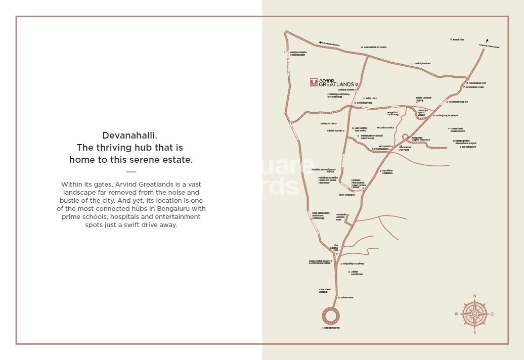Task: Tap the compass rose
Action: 474,314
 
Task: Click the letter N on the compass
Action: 474,296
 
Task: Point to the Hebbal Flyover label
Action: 332,328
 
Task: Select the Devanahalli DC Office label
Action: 375,47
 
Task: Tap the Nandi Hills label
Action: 458,39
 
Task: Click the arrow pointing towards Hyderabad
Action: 487,41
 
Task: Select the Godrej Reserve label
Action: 422,64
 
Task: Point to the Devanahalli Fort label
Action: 477,83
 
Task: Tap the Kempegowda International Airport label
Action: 465,142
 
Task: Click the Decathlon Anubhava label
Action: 387,171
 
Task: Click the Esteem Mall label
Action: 346,297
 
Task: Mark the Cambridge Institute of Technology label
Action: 338,95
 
